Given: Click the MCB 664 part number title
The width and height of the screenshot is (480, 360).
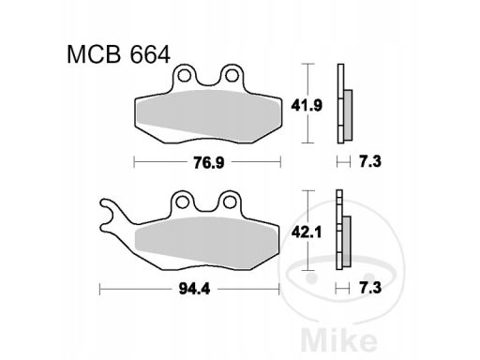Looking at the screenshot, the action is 119,54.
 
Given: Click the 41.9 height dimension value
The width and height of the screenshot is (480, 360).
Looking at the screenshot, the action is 307,106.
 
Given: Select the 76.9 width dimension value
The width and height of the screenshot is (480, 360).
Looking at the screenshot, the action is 209,162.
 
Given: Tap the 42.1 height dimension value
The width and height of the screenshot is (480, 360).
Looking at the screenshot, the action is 307,232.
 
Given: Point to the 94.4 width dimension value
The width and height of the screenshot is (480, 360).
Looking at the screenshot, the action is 194,289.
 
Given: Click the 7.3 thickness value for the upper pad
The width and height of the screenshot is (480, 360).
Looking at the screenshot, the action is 370,162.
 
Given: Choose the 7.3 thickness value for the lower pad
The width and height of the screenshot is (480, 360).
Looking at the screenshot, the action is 370,288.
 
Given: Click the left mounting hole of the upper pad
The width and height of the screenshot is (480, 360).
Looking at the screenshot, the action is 184,76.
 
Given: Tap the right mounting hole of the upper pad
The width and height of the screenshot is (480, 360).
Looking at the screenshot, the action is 232,76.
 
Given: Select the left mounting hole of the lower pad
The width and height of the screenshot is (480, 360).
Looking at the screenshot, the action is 182,202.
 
